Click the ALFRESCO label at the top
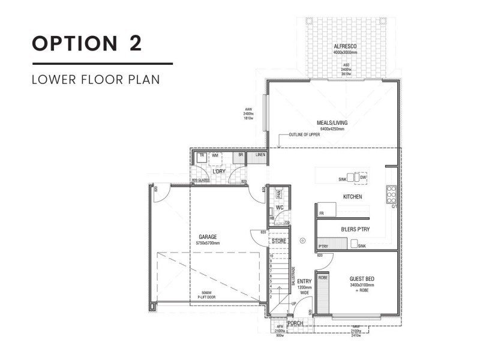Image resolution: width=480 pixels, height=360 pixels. pos(345,47)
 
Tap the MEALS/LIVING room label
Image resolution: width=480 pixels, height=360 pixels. pos(332,123)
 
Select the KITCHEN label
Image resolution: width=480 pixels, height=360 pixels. pos(352,197)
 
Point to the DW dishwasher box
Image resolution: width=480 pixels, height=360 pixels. pos(364,178)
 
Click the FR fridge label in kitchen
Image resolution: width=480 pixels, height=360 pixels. pos(322,213)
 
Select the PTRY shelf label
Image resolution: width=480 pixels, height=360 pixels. pos(323,246)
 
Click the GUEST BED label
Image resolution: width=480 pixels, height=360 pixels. pos(362,279)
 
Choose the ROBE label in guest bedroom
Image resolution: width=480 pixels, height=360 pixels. pos(322,278)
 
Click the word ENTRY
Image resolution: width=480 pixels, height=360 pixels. pos(304,281)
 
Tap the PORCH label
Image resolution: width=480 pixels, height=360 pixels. pos(295,323)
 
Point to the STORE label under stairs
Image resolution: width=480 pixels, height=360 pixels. pos(279,241)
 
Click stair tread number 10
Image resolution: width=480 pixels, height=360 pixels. pos(271,256)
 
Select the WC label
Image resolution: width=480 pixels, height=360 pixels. pos(279,208)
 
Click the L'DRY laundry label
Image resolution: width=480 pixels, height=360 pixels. pos(218,172)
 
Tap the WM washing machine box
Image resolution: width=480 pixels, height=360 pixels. pos(214,155)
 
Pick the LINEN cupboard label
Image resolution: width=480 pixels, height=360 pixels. pos(260,155)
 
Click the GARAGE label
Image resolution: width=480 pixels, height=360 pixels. pos(208,237)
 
